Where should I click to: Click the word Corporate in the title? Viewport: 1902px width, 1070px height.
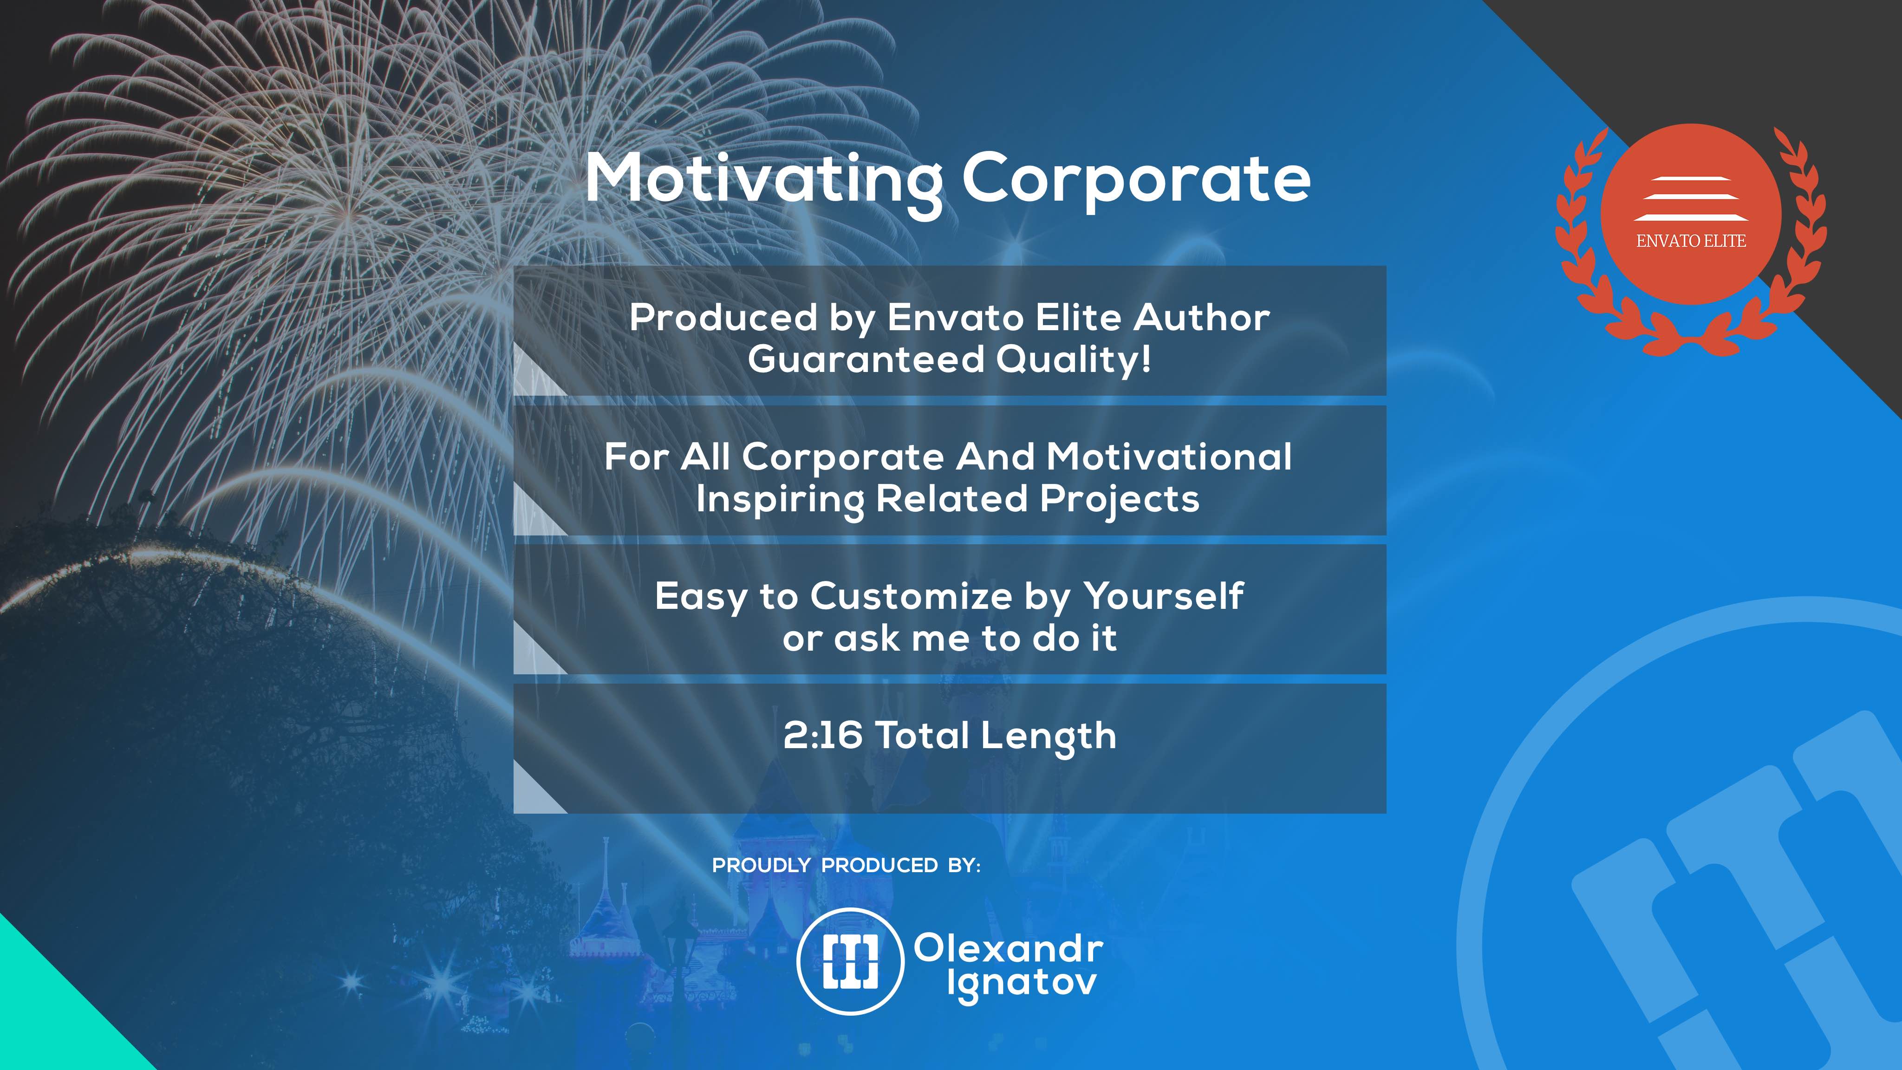1136,179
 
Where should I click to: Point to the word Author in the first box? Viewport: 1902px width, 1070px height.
1201,318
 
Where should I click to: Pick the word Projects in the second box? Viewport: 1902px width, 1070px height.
1120,500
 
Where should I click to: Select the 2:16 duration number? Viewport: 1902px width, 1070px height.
822,736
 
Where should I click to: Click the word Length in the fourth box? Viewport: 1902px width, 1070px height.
1049,737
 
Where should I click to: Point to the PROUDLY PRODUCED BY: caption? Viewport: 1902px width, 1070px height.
846,866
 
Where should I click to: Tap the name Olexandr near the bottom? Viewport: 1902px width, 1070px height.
1009,948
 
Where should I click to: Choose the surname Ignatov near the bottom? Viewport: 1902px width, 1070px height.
1022,985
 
